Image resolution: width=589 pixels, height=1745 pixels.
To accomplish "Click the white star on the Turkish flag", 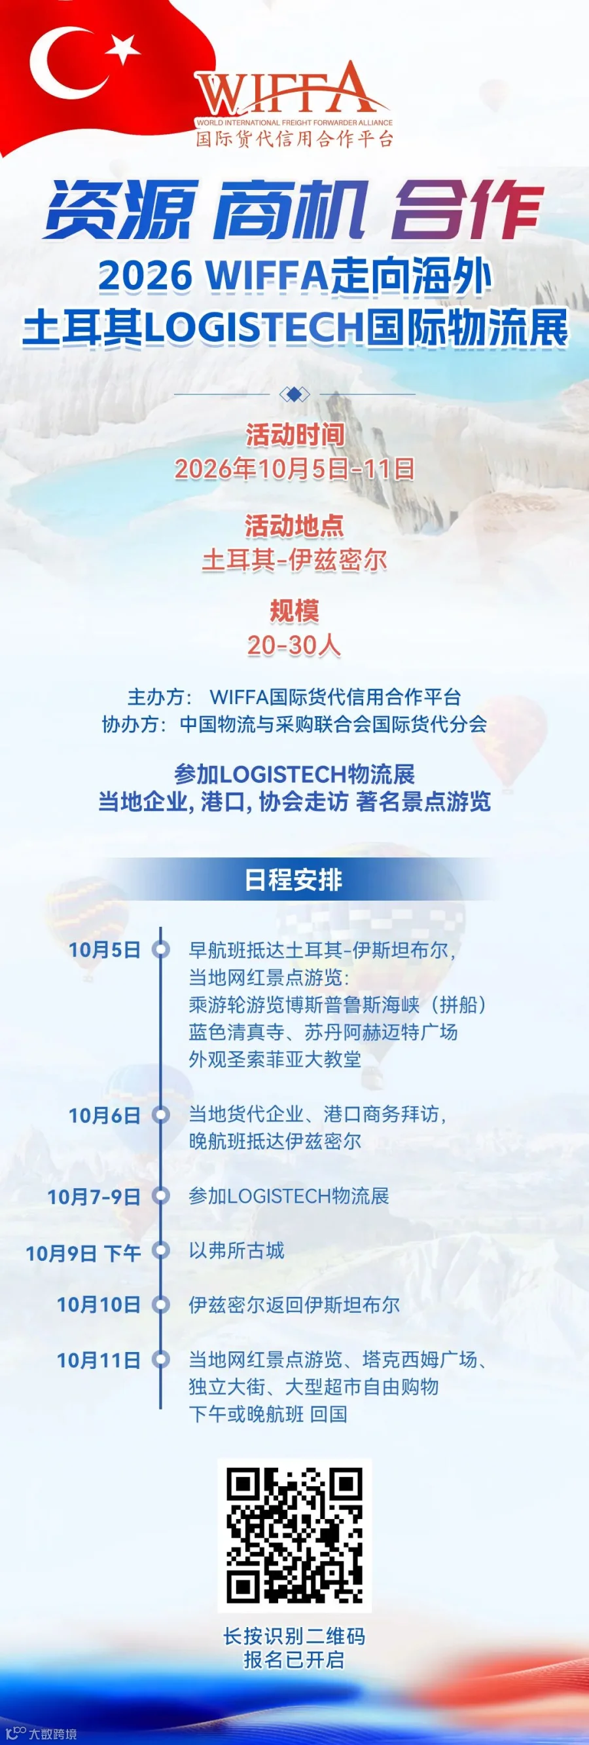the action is pos(123,48).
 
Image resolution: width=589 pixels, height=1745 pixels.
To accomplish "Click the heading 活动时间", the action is pos(294,435).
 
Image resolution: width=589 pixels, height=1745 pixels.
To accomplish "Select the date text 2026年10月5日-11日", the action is pos(294,469).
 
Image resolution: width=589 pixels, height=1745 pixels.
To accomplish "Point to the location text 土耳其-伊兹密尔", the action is pos(294,560).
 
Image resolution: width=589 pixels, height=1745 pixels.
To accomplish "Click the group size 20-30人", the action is pos(294,646).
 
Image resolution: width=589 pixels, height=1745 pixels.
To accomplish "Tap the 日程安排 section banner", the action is pos(294,879).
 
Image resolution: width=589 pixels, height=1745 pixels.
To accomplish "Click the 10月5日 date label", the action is pos(104,950).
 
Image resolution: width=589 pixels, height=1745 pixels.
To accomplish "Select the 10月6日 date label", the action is pos(104,1115).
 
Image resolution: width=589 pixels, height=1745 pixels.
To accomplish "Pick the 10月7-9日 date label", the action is pos(94,1197).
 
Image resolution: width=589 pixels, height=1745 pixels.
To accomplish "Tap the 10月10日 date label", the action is pos(99,1305).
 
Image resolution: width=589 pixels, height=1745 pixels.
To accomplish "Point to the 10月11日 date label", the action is pos(99,1360).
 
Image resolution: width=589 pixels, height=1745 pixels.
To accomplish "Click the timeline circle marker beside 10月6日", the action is pos(160,1114).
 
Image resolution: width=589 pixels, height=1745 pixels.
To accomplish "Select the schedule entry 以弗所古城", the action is pos(236,1250).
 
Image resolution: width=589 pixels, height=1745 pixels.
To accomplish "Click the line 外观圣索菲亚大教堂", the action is pos(275,1059).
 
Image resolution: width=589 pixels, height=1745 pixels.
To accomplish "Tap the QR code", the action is pos(294,1535).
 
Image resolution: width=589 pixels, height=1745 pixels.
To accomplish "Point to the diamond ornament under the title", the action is pos(294,394).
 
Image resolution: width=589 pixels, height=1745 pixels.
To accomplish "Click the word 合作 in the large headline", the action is pos(469,210).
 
